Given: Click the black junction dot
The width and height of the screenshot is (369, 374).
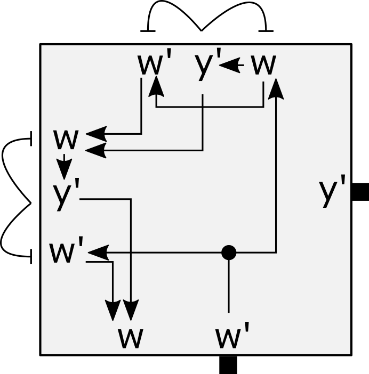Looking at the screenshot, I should coord(229,252).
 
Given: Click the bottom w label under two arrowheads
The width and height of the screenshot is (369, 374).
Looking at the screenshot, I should coord(131,338).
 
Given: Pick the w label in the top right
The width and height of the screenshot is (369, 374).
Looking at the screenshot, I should coord(263,65).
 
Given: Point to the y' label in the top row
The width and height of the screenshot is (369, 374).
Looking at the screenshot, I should coord(207,65).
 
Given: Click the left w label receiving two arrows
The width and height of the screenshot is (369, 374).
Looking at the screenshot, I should coord(66,140).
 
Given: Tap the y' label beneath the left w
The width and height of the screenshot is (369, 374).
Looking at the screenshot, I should coord(66,195).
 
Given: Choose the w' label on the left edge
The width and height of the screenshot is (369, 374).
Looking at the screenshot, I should coord(67,251).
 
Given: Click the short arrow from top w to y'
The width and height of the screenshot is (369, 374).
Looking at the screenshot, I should coord(231,66).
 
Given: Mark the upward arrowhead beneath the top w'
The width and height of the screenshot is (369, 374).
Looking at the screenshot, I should coord(156,86).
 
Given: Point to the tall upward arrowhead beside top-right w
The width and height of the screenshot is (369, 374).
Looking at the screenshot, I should coord(276,88).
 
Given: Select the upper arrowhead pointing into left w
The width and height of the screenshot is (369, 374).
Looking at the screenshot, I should coord(96,134).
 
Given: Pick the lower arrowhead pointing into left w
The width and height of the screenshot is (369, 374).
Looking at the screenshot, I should coord(96,151).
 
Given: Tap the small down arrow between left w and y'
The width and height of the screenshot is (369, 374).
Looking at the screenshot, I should coord(65,167).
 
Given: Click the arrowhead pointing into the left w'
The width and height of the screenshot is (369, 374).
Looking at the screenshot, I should coord(98,252).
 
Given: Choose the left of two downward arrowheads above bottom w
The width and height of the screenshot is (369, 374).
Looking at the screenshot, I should coord(113,310).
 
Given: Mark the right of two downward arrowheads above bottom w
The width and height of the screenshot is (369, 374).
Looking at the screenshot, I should coord(131,310).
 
